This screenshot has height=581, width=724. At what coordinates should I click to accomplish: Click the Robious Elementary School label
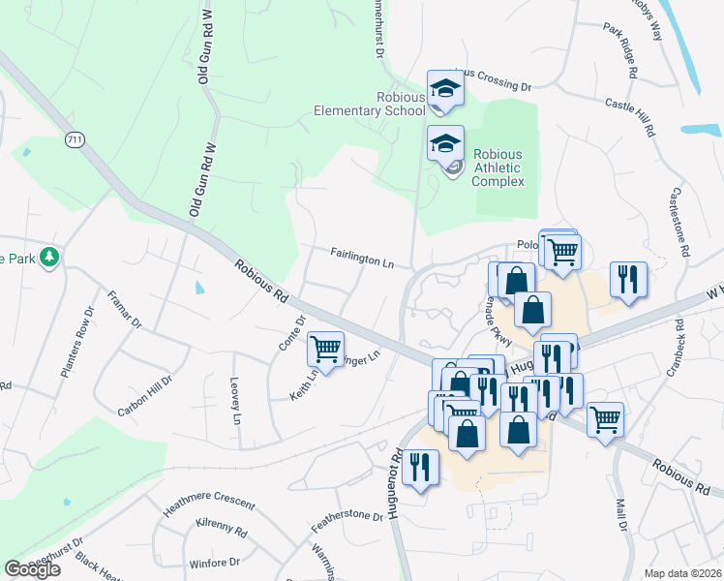tap(370, 104)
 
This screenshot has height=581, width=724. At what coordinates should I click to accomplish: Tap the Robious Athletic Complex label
tap(498, 168)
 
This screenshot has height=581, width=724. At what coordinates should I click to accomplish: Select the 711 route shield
tap(75, 140)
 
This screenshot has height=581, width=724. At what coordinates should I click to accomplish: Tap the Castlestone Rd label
tap(677, 222)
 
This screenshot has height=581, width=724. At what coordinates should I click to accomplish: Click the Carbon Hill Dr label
tap(144, 395)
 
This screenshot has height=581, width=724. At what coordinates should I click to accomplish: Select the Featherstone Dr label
tap(347, 522)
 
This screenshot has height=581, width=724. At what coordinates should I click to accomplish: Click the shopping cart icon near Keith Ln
tap(325, 348)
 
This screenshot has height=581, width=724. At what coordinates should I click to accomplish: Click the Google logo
tap(33, 569)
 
